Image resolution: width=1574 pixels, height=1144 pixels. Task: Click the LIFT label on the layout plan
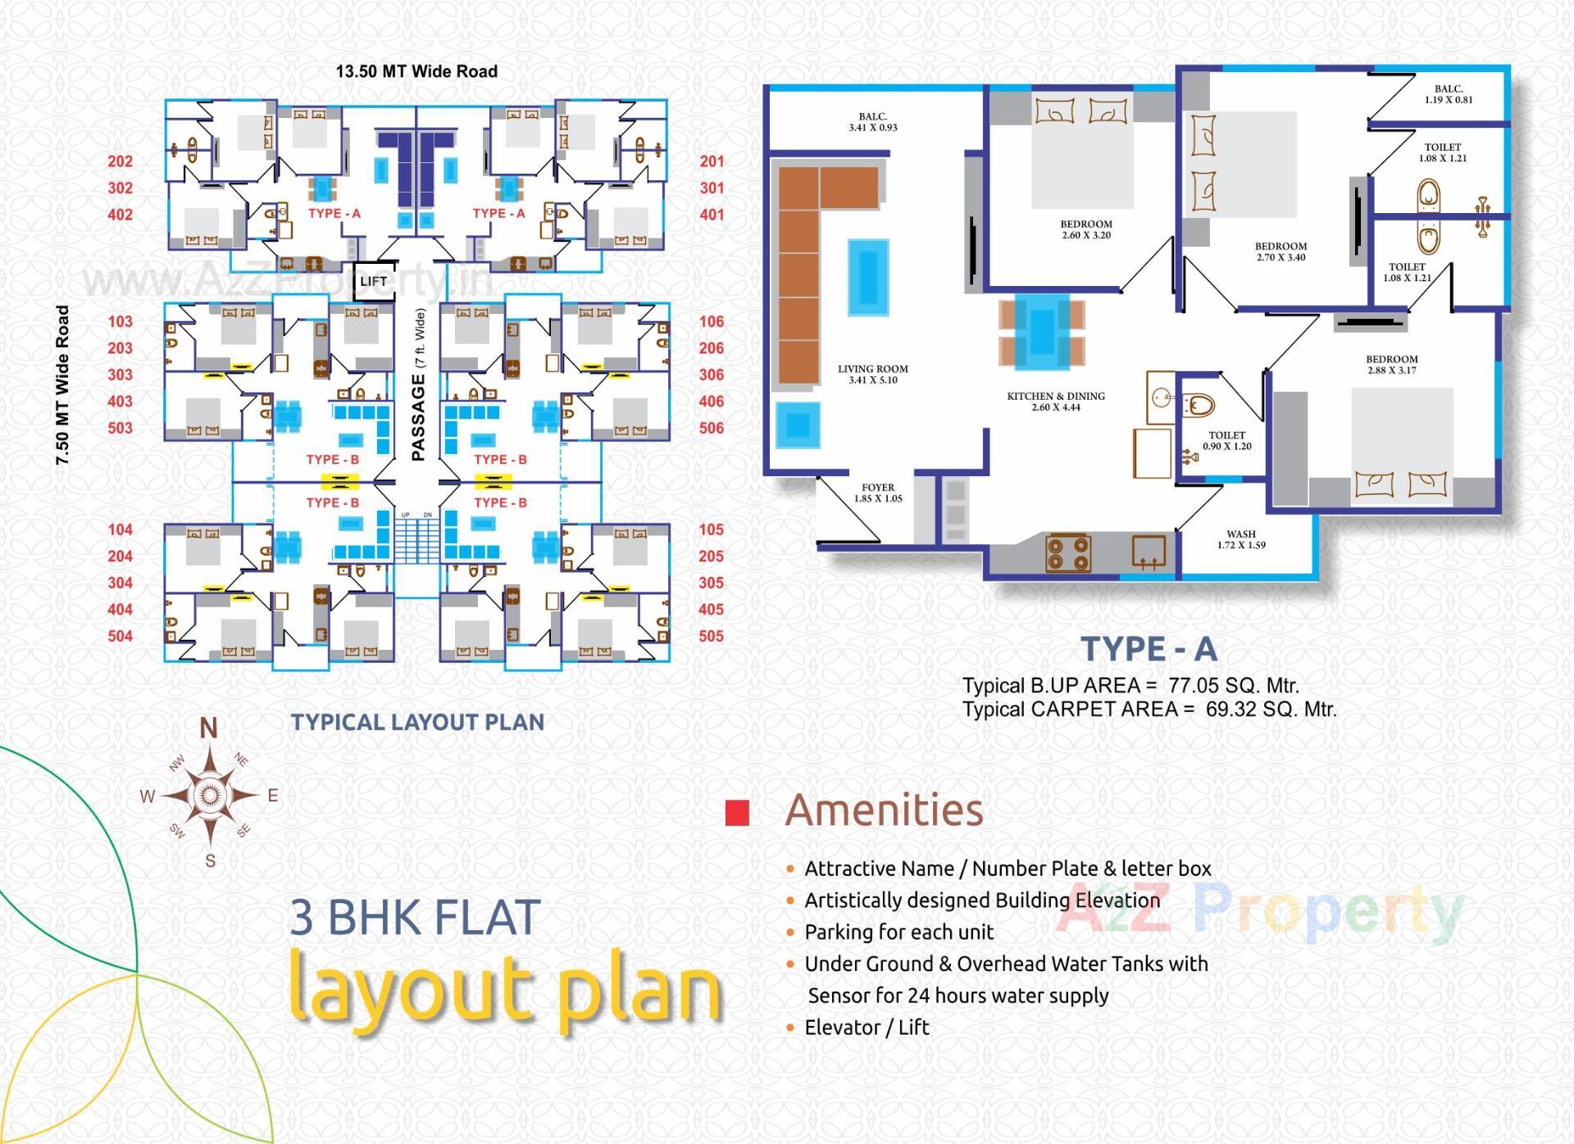[373, 281]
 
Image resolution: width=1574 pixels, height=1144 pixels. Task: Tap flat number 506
[711, 428]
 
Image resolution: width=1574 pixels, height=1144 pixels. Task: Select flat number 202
[120, 161]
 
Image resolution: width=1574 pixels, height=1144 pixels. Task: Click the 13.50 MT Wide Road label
[416, 71]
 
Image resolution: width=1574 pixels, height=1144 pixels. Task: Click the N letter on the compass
[209, 728]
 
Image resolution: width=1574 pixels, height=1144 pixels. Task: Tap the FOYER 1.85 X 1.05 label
[878, 493]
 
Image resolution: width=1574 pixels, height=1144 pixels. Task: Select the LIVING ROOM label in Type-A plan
[873, 374]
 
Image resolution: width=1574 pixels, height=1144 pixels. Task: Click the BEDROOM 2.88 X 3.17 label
[1391, 364]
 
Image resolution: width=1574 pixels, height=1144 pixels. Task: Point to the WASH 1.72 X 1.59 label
[1241, 539]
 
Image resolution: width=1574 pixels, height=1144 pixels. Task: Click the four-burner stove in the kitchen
[1068, 552]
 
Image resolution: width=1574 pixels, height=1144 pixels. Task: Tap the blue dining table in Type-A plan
[1042, 332]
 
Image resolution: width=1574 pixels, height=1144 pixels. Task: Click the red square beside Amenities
[738, 812]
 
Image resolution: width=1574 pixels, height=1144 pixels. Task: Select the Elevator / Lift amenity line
[867, 1028]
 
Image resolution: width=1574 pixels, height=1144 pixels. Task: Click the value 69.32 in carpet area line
[1230, 709]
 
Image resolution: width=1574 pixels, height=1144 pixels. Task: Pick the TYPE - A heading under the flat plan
[1149, 649]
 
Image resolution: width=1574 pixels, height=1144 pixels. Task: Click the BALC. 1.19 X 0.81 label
[1449, 94]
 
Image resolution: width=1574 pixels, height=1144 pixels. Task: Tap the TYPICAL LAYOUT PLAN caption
[417, 722]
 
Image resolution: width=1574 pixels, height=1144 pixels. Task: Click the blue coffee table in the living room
[868, 277]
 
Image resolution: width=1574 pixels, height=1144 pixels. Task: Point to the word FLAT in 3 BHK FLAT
[487, 917]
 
